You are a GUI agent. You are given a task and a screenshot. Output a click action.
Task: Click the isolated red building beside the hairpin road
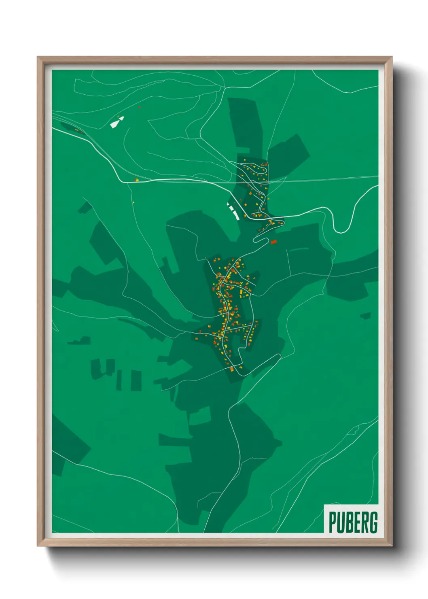tap(273, 242)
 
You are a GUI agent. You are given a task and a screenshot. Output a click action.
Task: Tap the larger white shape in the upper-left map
tap(114, 124)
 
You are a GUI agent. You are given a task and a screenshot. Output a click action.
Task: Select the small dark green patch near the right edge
tap(366, 315)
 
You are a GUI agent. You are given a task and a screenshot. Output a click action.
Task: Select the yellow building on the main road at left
tap(137, 180)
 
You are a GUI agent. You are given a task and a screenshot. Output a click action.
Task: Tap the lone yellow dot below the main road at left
tap(133, 202)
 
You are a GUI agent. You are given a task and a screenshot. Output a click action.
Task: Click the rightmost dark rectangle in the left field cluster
tap(136, 380)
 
